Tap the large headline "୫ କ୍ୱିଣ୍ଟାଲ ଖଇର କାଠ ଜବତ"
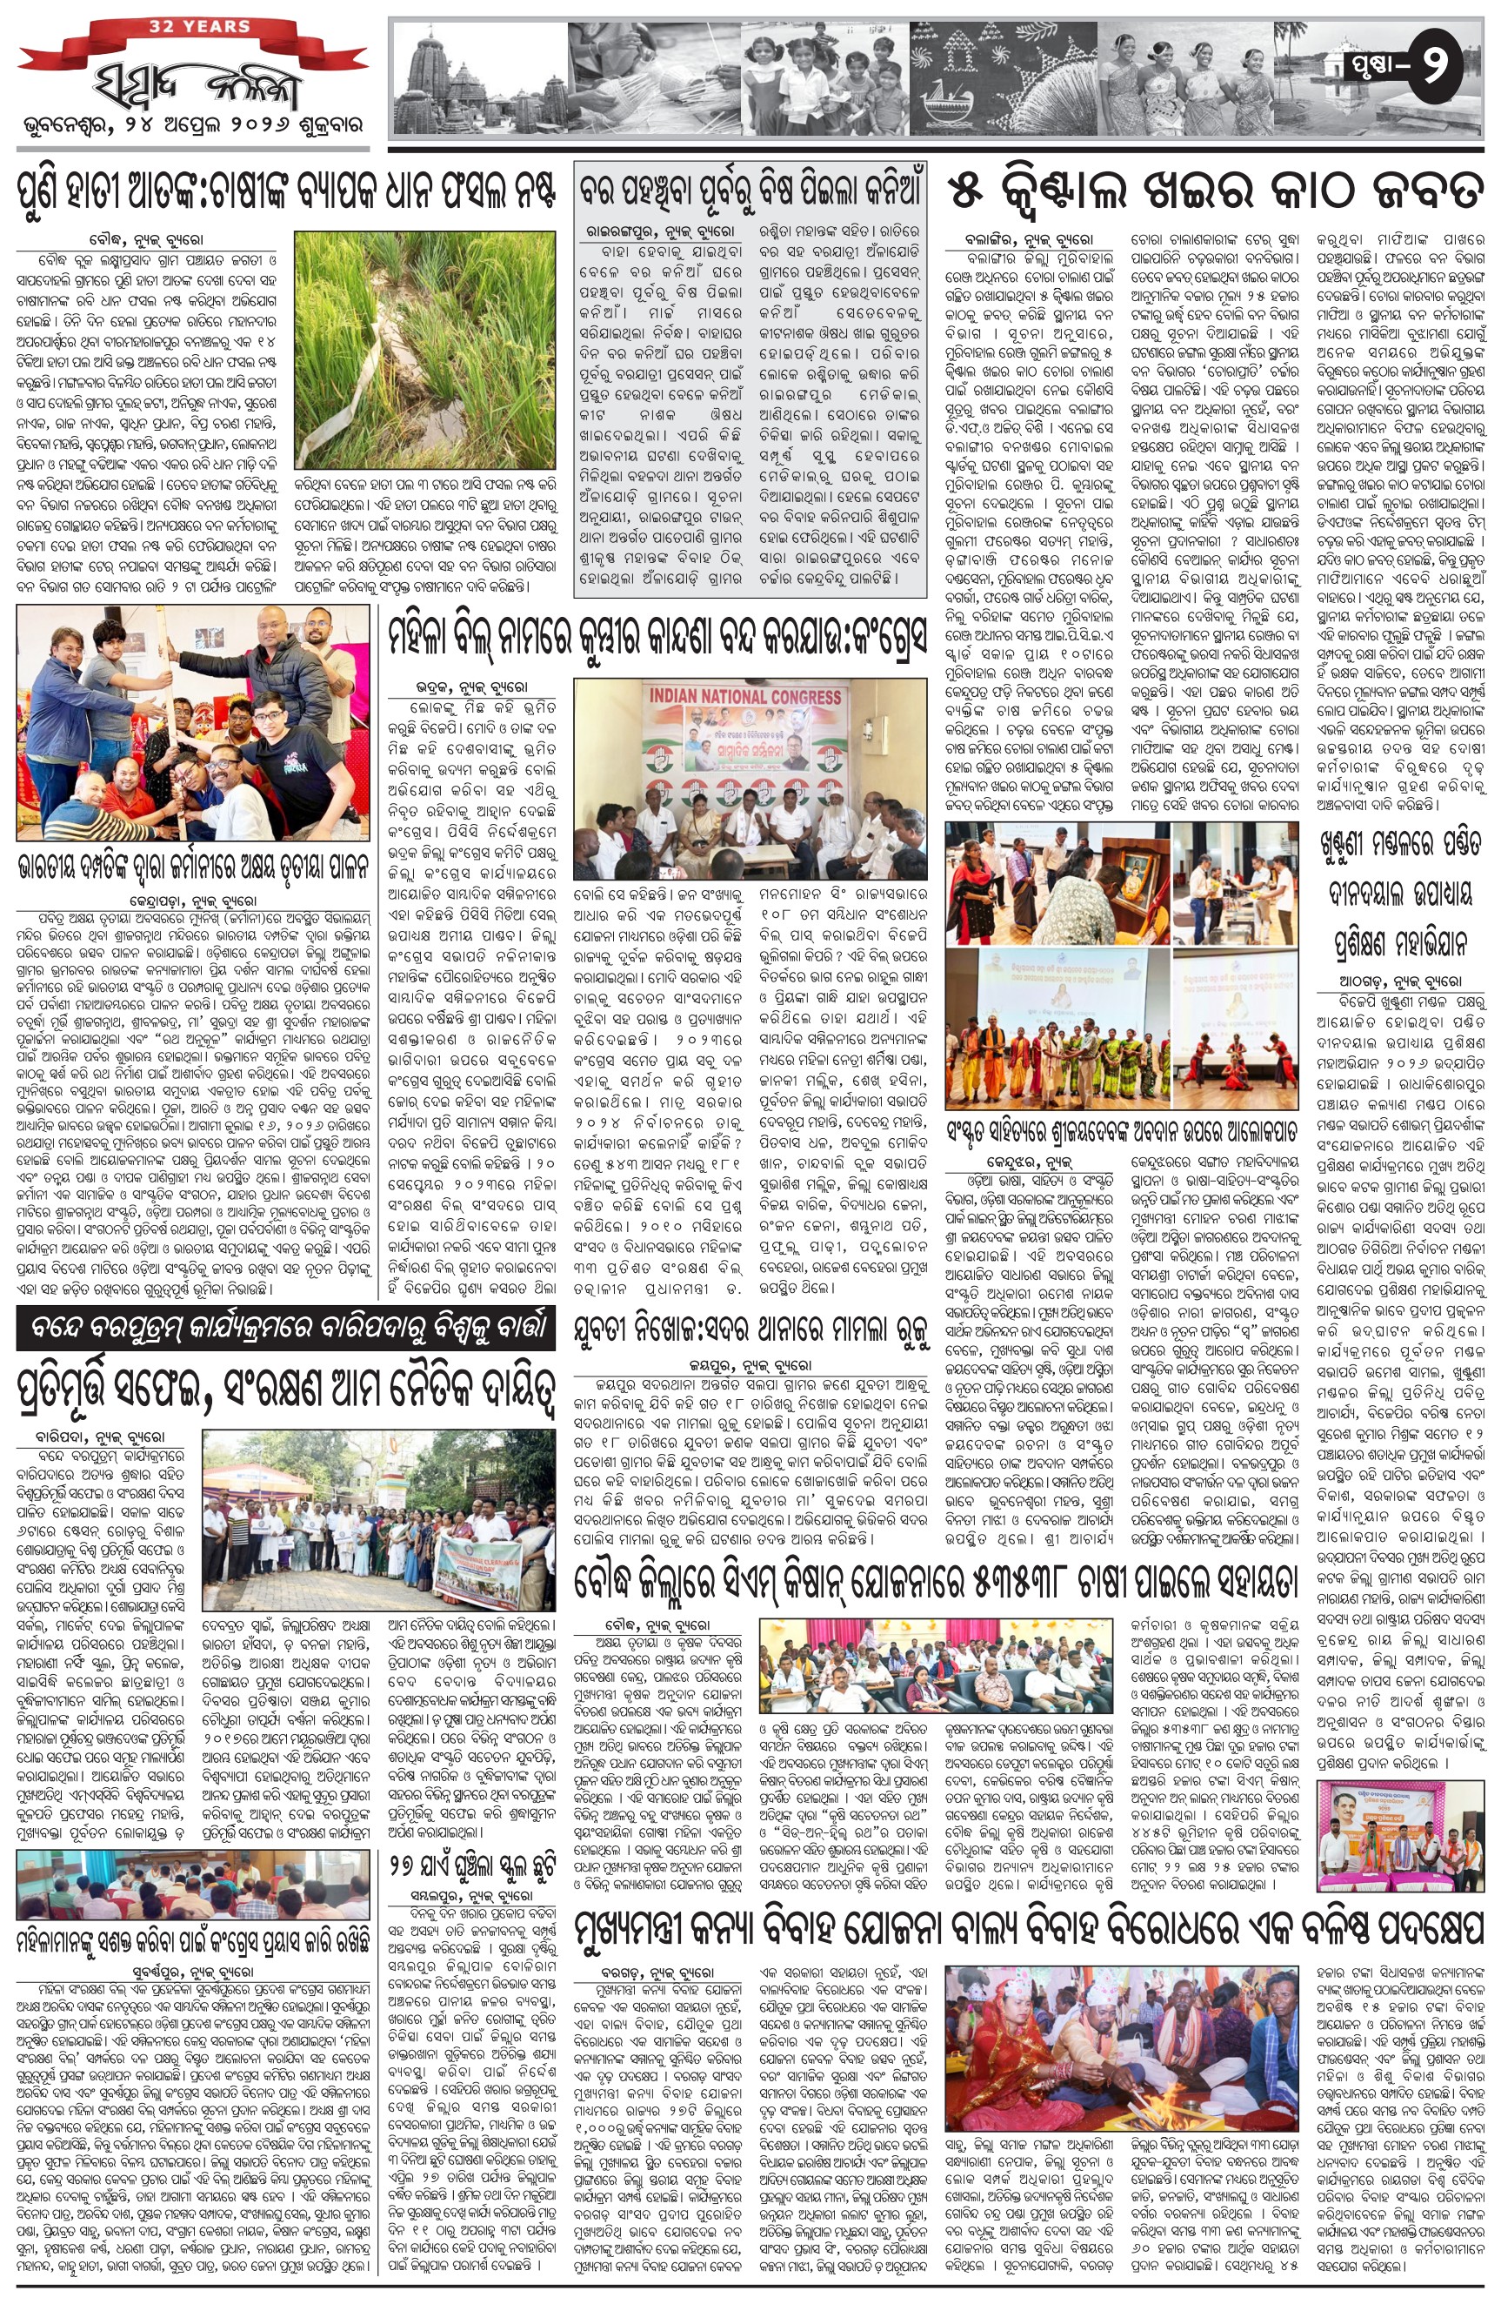point(1215,188)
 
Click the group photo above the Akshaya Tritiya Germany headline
point(192,722)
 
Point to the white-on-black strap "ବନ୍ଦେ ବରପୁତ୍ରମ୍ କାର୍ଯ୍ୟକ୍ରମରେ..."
point(285,1331)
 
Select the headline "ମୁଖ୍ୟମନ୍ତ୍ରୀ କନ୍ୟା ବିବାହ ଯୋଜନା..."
point(1029,1903)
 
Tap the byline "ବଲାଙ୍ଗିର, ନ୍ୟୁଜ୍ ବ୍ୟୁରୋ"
point(1028,238)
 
